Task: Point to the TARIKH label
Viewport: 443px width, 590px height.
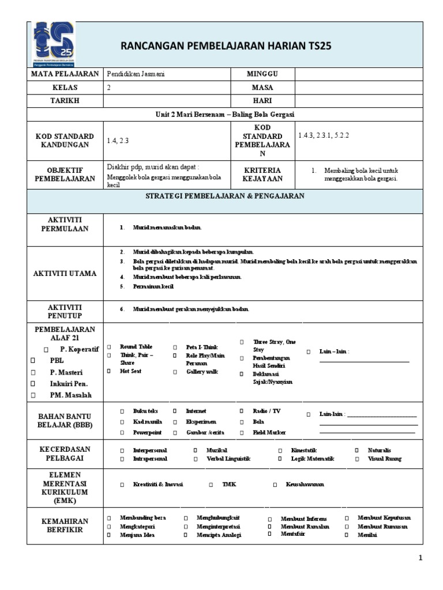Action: [65, 100]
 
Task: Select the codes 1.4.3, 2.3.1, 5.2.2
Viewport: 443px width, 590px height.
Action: [324, 135]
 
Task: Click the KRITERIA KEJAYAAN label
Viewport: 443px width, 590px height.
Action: [262, 175]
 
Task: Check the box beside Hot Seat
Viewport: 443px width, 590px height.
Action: [108, 372]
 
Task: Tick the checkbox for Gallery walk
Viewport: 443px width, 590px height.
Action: [174, 372]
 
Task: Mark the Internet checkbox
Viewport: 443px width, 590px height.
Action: [174, 411]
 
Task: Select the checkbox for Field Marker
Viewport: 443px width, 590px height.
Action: [242, 432]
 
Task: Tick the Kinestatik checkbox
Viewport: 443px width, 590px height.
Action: [280, 450]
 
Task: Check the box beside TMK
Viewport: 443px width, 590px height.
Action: [211, 485]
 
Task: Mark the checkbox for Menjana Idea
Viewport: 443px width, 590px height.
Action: [108, 535]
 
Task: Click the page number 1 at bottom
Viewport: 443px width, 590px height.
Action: [421, 558]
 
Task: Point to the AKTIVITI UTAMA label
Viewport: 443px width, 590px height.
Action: [65, 273]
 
